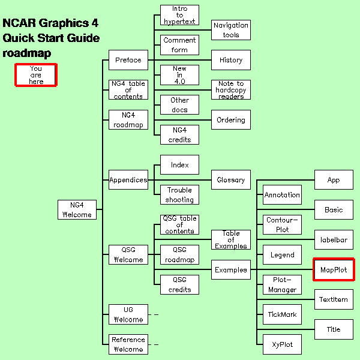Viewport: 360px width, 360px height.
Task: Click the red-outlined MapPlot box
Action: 334,269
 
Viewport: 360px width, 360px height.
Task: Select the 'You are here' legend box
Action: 36,75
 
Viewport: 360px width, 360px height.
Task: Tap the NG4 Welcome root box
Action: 77,209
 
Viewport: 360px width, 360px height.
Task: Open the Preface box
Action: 128,60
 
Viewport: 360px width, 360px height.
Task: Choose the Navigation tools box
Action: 231,30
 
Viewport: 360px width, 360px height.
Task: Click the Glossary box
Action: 231,180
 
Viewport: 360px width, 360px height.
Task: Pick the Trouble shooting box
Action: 179,194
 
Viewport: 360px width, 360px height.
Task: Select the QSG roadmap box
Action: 179,254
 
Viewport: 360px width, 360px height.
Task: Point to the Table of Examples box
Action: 231,239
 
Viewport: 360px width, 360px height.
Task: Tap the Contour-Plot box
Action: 282,224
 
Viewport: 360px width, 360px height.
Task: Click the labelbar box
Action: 334,239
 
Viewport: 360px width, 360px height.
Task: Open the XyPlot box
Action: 282,344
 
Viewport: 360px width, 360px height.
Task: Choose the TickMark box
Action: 282,314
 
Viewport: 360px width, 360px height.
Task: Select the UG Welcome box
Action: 128,314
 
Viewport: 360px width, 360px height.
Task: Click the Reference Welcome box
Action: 128,344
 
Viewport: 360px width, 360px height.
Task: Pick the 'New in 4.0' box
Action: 179,75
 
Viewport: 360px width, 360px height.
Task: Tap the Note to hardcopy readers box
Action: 231,90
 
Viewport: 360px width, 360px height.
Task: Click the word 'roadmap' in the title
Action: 27,53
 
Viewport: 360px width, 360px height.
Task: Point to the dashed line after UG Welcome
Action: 154,314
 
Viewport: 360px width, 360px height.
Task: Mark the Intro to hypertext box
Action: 179,15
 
